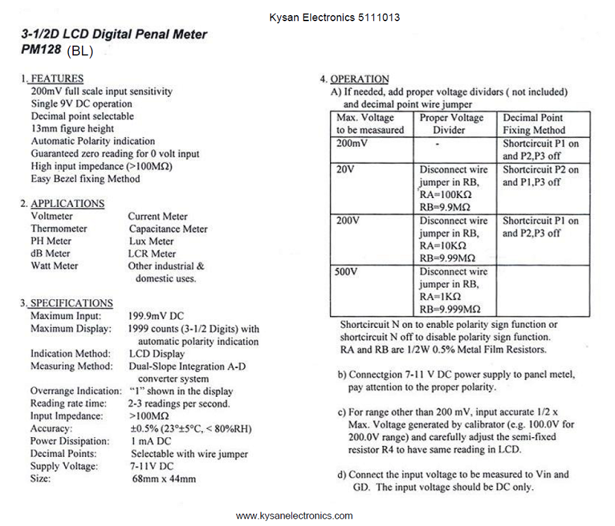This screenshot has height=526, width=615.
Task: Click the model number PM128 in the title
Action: pyautogui.click(x=42, y=50)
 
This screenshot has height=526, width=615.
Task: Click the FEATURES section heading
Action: pyautogui.click(x=57, y=79)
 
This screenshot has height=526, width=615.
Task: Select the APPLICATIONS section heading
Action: pyautogui.click(x=67, y=204)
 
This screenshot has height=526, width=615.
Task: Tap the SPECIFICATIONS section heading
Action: pyautogui.click(x=71, y=303)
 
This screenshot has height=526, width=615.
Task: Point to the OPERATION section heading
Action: pyautogui.click(x=359, y=79)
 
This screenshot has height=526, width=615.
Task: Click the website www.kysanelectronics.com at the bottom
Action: pyautogui.click(x=295, y=516)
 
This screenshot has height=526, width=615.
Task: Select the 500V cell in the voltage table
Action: pyautogui.click(x=348, y=272)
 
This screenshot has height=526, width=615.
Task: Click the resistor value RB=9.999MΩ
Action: pyautogui.click(x=448, y=309)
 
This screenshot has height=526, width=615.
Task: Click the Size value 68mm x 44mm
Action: pyautogui.click(x=163, y=479)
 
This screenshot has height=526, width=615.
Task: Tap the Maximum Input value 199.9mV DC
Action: pyautogui.click(x=156, y=317)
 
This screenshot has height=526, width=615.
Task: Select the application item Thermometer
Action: pyautogui.click(x=59, y=229)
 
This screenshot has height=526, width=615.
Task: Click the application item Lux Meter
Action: pyautogui.click(x=151, y=241)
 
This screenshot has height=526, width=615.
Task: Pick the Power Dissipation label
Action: pyautogui.click(x=70, y=441)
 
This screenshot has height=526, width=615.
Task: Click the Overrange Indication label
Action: pyautogui.click(x=76, y=391)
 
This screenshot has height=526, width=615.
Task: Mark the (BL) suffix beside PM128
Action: pyautogui.click(x=81, y=52)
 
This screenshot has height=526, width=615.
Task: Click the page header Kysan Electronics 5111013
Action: pyautogui.click(x=334, y=18)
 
